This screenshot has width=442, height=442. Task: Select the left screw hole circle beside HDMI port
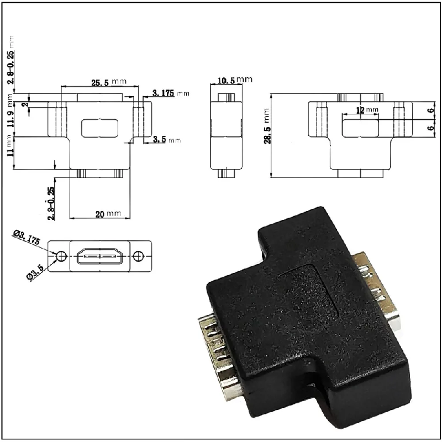click(x=62, y=256)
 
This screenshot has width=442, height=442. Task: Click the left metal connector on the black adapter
click(x=218, y=354)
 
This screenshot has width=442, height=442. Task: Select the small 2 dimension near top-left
click(x=25, y=104)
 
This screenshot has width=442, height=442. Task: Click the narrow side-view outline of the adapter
click(x=227, y=135)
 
